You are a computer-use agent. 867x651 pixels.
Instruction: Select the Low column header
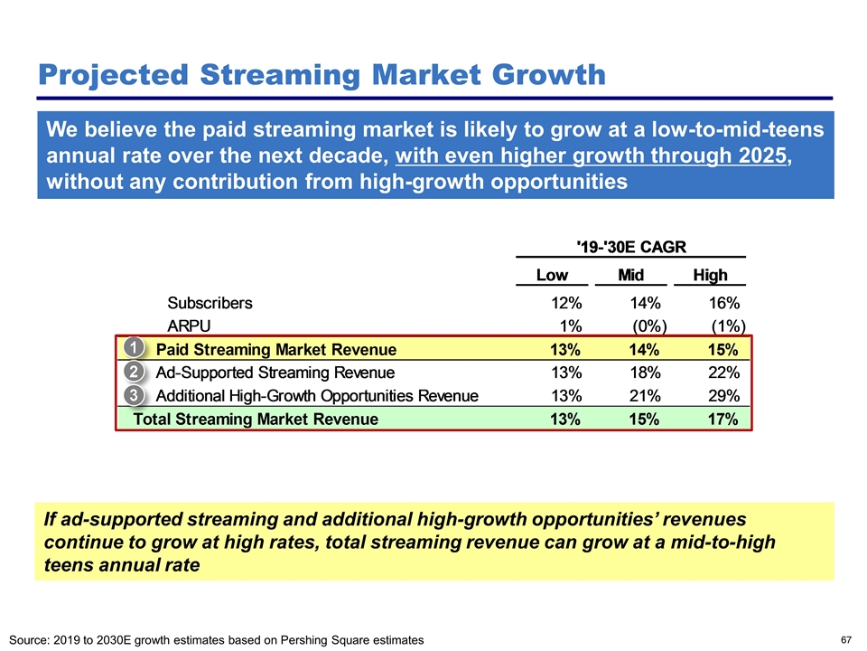(552, 274)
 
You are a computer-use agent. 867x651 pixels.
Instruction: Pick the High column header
(710, 274)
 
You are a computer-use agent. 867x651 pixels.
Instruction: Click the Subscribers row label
(210, 303)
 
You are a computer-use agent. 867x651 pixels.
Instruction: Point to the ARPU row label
(190, 325)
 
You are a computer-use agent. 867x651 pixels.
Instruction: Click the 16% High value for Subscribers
(723, 303)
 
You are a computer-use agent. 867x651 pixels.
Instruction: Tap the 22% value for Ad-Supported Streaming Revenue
(723, 372)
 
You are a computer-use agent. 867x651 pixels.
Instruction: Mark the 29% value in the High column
(723, 395)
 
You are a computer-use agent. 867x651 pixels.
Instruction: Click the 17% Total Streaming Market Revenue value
(723, 419)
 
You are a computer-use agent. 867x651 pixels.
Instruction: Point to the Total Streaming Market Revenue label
(256, 419)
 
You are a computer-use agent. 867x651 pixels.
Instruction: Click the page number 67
(846, 639)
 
